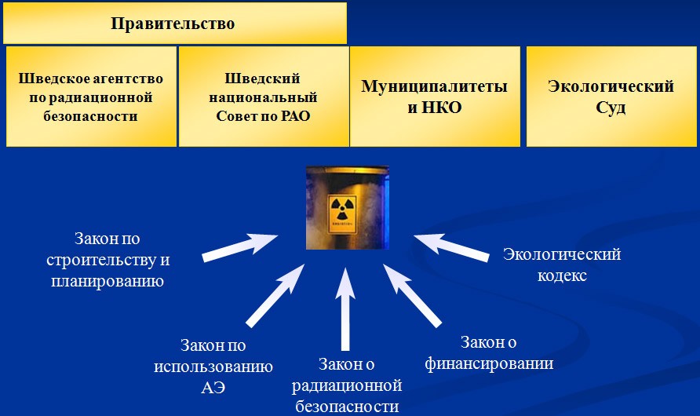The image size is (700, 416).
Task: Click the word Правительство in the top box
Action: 173,24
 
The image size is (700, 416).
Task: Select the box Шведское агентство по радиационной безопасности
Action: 92,97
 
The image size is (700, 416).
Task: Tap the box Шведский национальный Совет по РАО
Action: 263,97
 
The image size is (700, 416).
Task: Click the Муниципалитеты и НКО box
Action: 434,97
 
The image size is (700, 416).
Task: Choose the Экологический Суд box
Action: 611,97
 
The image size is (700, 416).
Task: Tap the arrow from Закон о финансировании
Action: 412,295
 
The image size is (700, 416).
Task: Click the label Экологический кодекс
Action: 562,265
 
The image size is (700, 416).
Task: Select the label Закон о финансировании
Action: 489,353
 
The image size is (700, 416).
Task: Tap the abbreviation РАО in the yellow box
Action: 293,116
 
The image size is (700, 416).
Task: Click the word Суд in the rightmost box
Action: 611,108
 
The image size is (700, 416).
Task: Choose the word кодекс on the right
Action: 562,276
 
